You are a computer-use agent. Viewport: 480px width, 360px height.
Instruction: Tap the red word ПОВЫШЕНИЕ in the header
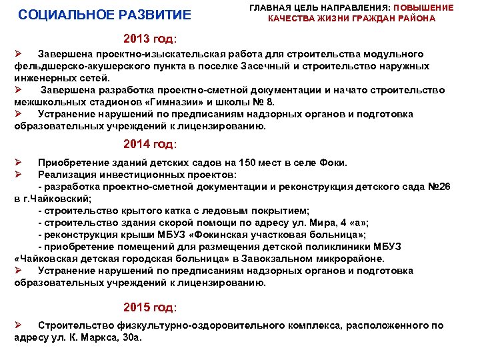424,7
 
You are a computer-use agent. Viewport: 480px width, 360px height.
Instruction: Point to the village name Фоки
331,163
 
